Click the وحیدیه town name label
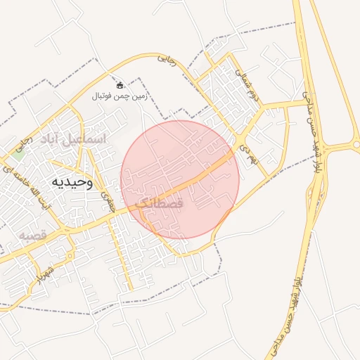point(71,183)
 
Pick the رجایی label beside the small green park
point(29,145)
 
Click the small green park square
point(19,149)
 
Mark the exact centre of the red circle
point(180,180)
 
